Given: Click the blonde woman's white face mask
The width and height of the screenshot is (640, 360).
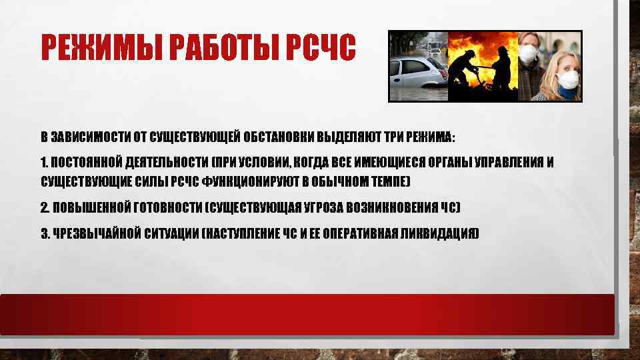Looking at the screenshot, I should pos(569,78).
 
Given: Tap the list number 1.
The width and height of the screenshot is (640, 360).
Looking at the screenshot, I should pos(43,163).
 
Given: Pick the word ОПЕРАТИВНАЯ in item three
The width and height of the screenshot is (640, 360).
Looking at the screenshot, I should pos(366,233).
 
